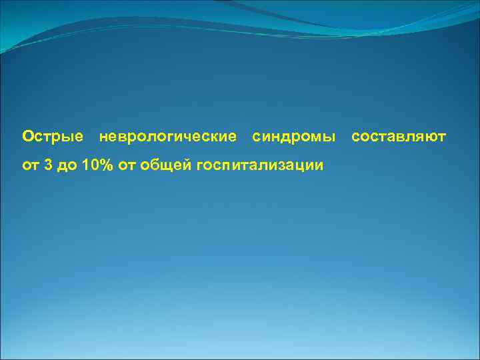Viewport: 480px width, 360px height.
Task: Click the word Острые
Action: pos(53,137)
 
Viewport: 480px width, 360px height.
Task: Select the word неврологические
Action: pos(167,137)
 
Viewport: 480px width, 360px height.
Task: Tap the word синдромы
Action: pos(294,137)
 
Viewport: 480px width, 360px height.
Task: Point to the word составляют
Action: pos(399,137)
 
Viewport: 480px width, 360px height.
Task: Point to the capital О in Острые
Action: pos(28,137)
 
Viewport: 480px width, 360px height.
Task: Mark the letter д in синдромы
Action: pos(289,137)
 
